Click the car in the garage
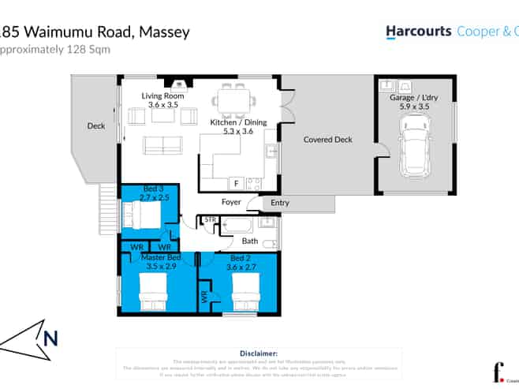(x=415, y=146)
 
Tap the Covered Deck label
(x=327, y=140)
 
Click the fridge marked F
(x=235, y=183)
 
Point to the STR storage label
(x=210, y=219)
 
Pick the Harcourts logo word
(x=418, y=32)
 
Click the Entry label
(x=279, y=203)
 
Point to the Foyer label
(x=230, y=202)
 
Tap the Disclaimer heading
(x=258, y=354)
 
